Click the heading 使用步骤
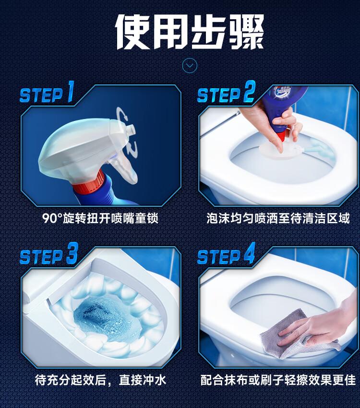point(190,32)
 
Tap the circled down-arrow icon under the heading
point(190,65)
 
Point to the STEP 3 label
point(49,254)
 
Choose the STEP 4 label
point(226,254)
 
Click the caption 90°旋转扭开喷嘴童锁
point(100,218)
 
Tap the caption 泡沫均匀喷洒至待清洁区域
point(278,218)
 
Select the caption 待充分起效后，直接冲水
point(100,380)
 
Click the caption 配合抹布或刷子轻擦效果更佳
point(278,380)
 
